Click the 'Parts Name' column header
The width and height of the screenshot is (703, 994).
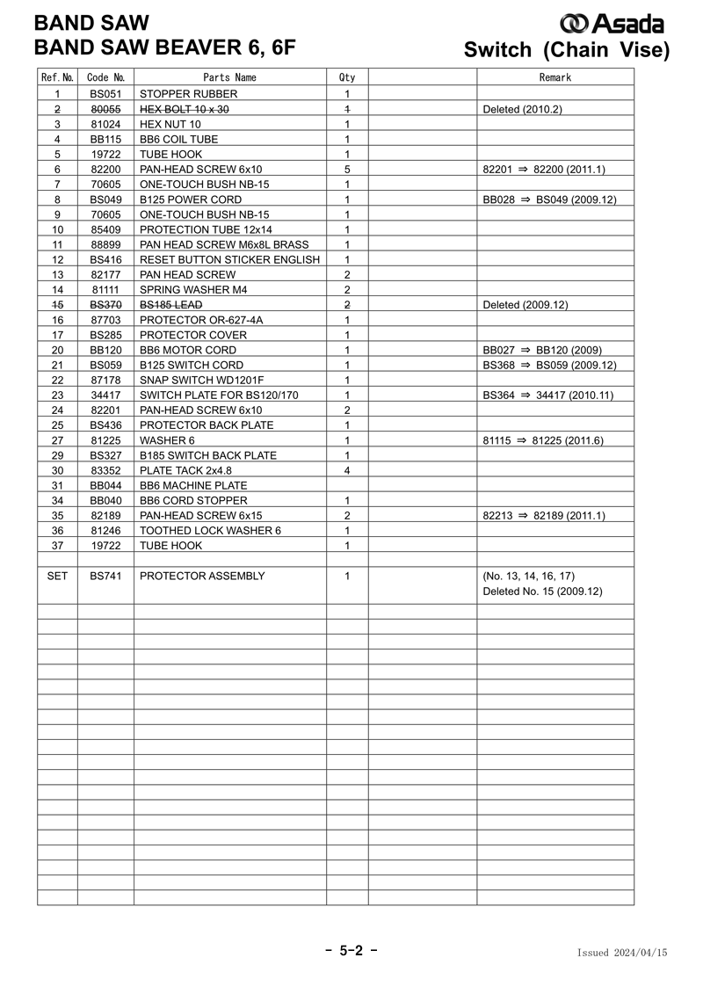[x=229, y=77]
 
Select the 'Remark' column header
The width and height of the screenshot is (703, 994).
[x=554, y=77]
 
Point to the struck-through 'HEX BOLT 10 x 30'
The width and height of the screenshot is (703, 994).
[x=185, y=109]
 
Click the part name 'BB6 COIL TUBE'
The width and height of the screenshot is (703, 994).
[x=179, y=139]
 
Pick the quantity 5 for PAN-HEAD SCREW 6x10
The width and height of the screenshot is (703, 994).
[x=347, y=170]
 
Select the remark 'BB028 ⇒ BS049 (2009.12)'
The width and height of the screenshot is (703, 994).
[x=549, y=200]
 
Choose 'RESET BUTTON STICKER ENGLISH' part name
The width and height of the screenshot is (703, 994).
[x=229, y=260]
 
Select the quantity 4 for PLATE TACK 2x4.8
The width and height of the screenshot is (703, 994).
[x=347, y=470]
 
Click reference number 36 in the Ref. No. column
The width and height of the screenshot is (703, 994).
[x=57, y=530]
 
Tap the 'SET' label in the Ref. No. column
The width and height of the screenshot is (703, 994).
[x=57, y=576]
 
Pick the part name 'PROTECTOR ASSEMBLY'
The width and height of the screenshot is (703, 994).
[x=202, y=576]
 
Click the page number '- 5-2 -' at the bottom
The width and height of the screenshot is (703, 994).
[x=351, y=951]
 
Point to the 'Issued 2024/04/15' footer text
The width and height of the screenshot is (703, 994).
[x=622, y=953]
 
